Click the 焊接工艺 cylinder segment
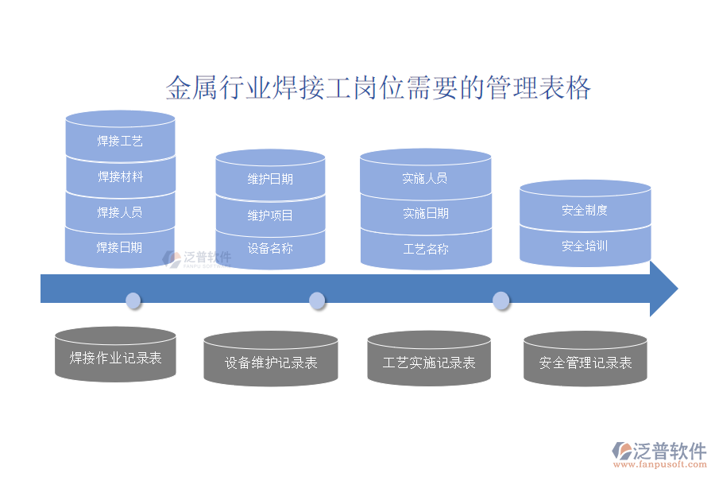(120, 142)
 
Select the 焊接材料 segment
(120, 177)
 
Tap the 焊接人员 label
(120, 212)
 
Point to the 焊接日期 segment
(120, 247)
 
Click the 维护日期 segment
(270, 179)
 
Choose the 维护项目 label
(270, 215)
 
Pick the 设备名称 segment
(270, 248)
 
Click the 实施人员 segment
(425, 178)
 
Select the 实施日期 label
(425, 213)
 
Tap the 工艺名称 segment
(425, 249)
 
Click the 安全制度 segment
(585, 211)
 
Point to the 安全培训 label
(585, 246)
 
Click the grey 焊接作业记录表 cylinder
(116, 358)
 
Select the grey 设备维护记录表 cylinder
(271, 363)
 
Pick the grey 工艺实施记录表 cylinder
(429, 363)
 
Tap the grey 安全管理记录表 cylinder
(586, 363)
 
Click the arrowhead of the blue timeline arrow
(663, 289)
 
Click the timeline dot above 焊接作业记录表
(133, 301)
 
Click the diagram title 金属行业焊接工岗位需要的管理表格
(378, 87)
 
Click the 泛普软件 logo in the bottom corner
(659, 452)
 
